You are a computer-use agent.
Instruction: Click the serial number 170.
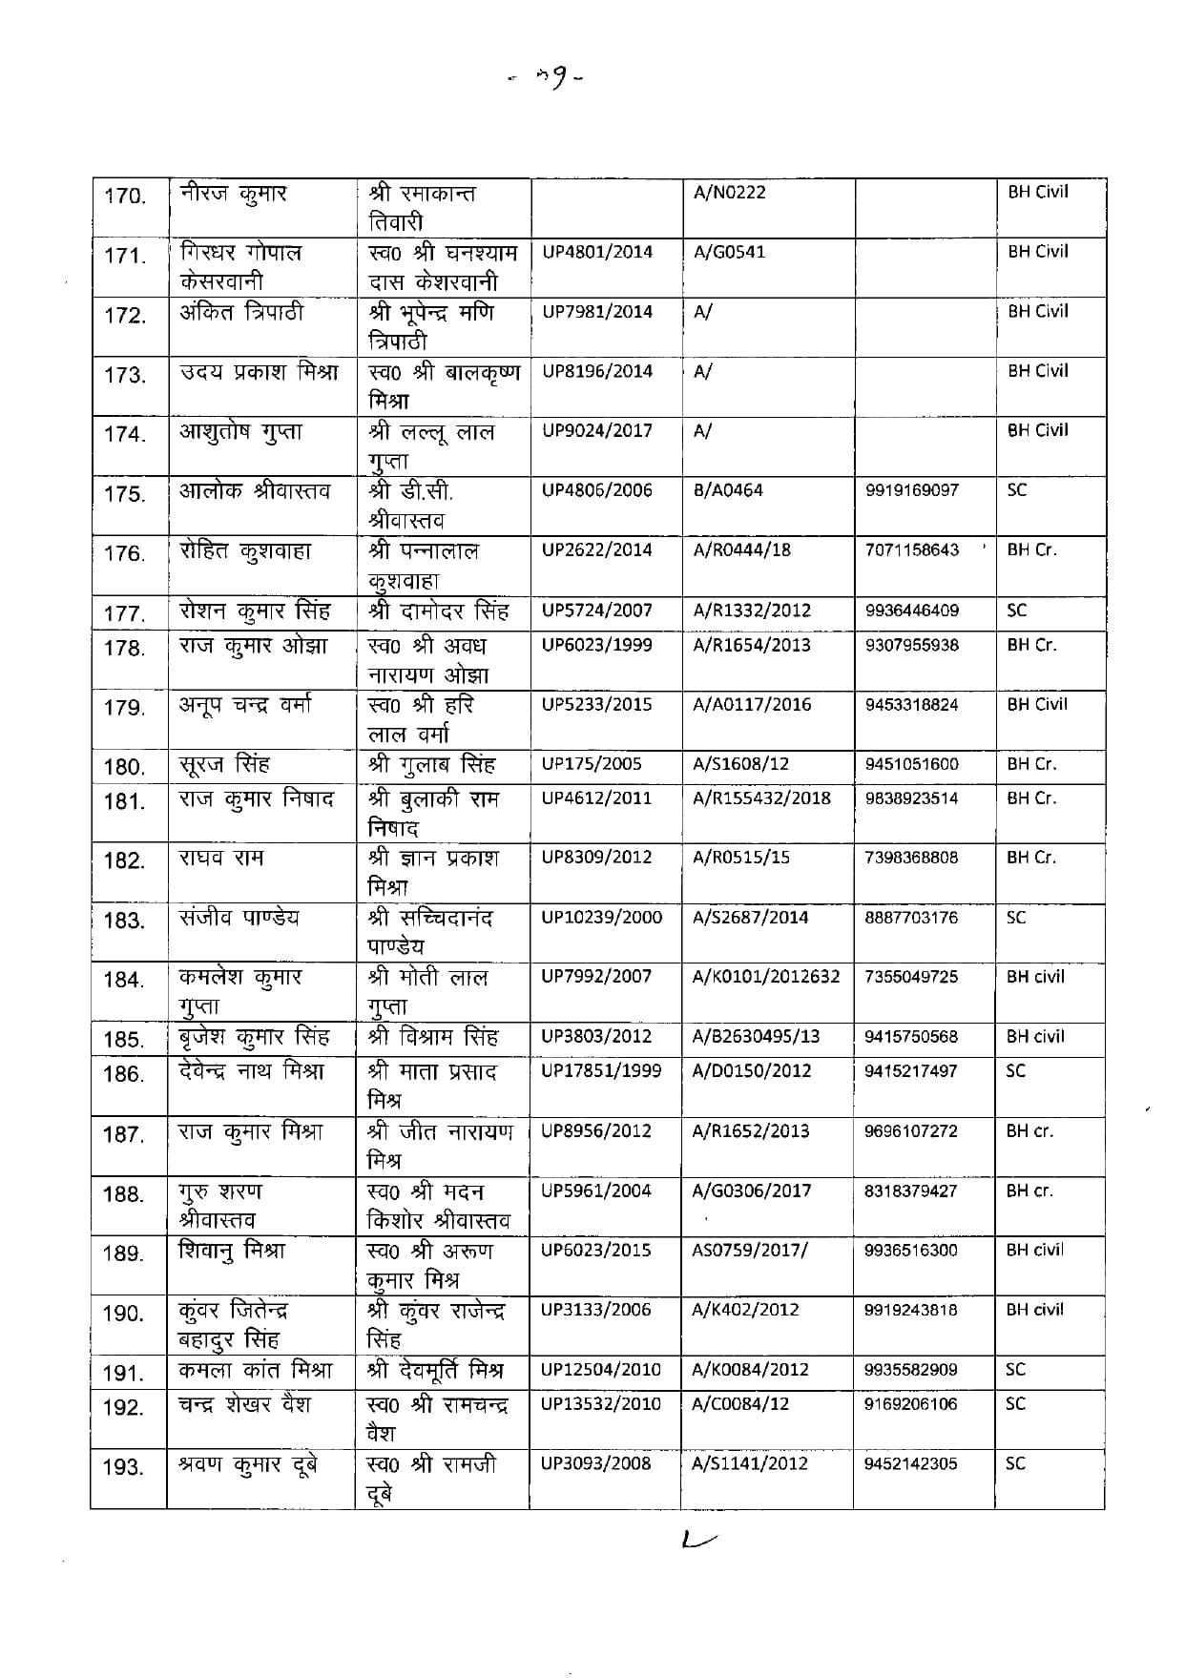[124, 197]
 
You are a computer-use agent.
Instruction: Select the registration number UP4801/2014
[597, 252]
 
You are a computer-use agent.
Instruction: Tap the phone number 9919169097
[911, 490]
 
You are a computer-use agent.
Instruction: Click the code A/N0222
[729, 192]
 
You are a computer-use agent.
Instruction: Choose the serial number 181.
[124, 801]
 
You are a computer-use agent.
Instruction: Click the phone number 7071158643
[911, 550]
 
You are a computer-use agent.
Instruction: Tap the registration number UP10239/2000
[601, 917]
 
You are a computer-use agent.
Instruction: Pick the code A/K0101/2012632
[765, 976]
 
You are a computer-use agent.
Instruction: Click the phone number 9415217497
[910, 1071]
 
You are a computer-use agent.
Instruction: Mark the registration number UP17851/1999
[601, 1070]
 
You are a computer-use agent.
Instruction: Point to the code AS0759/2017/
[749, 1250]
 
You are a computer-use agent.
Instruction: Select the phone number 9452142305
[910, 1463]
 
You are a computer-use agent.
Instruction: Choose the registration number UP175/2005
[592, 763]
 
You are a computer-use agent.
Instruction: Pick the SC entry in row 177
[1016, 610]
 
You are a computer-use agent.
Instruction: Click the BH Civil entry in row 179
[1037, 704]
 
